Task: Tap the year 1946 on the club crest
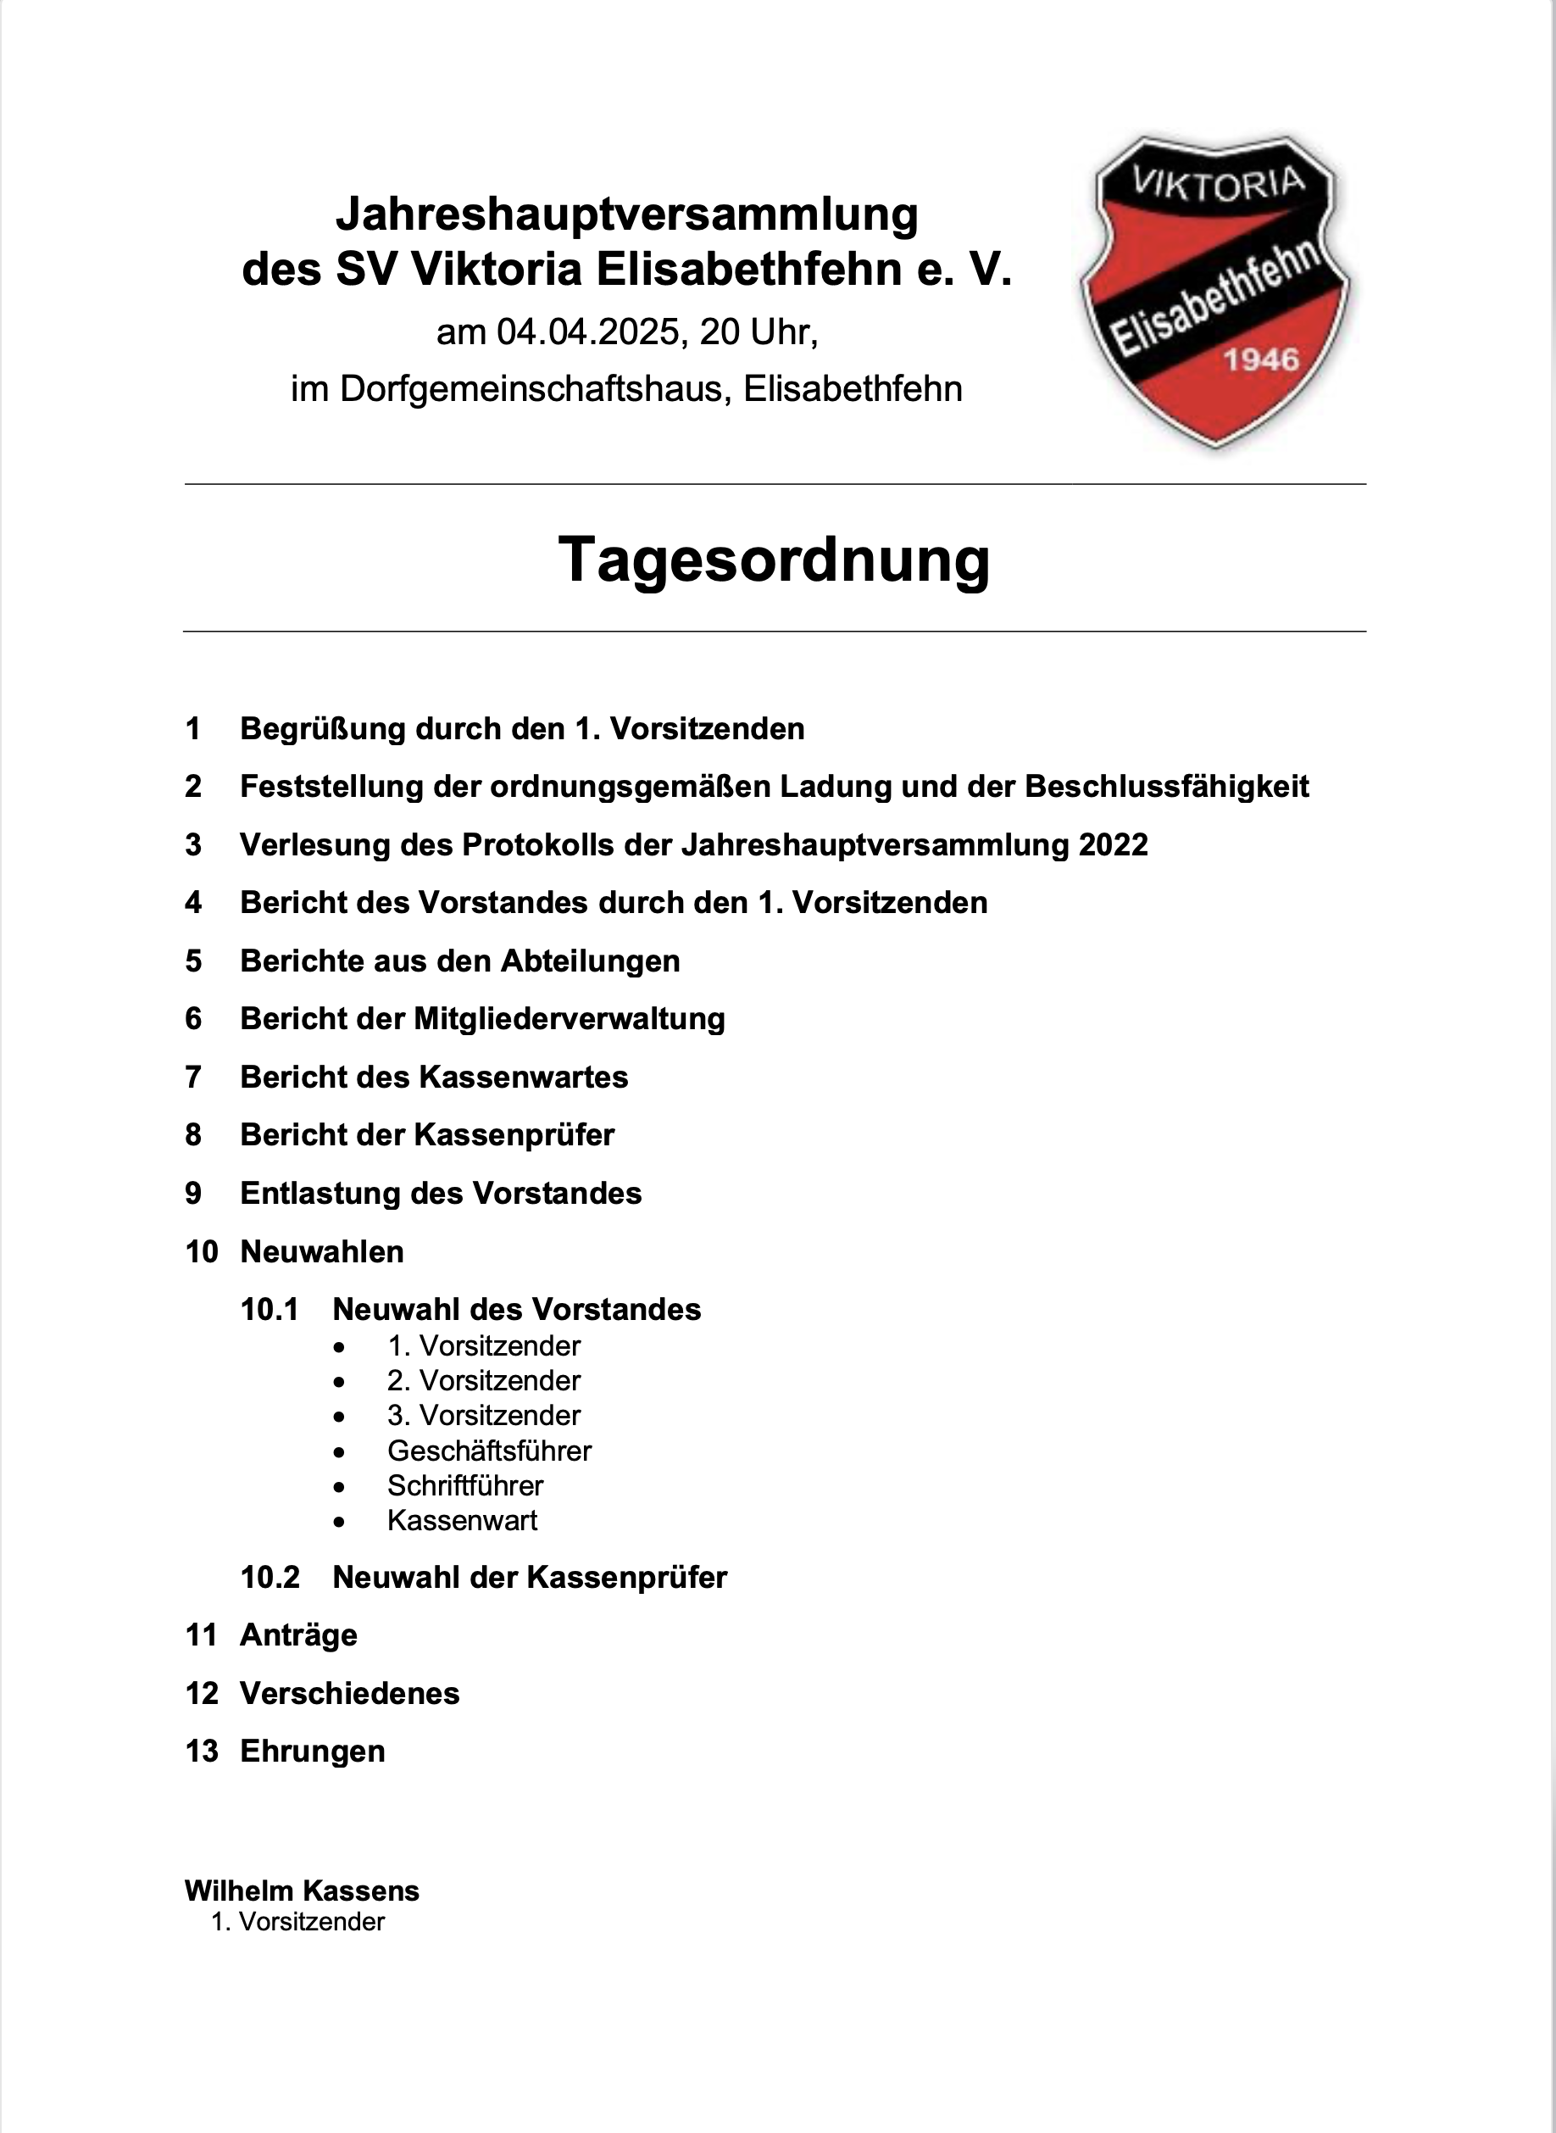pos(1260,359)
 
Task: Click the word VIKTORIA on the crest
pos(1219,183)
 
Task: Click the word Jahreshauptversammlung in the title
pos(626,214)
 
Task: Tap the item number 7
pos(193,1077)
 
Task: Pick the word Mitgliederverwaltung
pos(569,1018)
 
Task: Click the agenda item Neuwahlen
pos(322,1251)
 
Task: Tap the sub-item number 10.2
pos(270,1577)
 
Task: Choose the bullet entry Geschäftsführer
pos(489,1451)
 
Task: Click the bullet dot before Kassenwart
pos(339,1522)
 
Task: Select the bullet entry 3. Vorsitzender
pos(483,1415)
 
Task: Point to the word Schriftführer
pos(465,1486)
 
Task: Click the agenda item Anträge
pos(298,1635)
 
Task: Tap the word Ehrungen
pos(313,1752)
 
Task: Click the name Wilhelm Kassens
pos(302,1891)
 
